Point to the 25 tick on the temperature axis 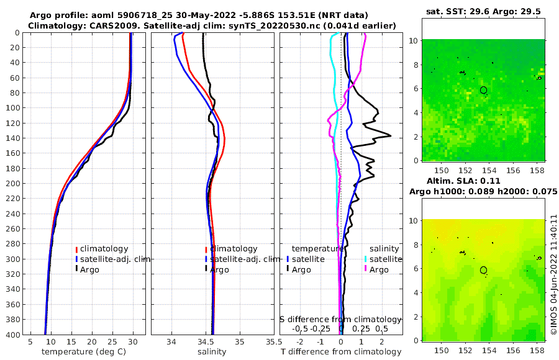(x=112, y=341)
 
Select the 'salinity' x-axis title (x=211, y=352)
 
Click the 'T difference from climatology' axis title (x=340, y=352)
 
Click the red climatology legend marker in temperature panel (x=77, y=249)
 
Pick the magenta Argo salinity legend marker (x=366, y=269)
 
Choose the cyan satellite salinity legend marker (x=366, y=259)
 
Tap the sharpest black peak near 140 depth (x=390, y=136)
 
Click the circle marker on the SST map (x=483, y=90)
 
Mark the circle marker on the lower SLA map (x=483, y=270)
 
